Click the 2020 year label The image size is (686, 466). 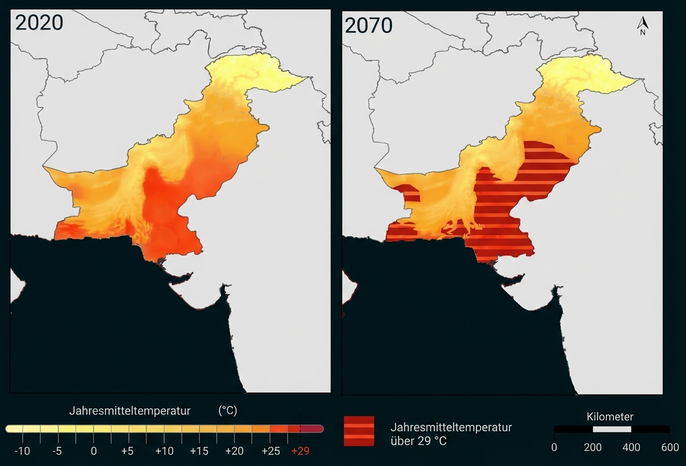(x=39, y=23)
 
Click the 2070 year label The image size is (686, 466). (x=369, y=25)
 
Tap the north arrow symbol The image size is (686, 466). (x=643, y=26)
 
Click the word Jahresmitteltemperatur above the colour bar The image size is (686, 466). (x=130, y=411)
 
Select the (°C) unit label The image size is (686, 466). (x=228, y=411)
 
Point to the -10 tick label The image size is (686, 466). (x=22, y=451)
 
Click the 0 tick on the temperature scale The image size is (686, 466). (x=93, y=451)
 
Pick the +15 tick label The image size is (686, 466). (x=200, y=451)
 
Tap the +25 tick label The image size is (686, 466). (x=270, y=451)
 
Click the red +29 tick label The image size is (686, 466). (x=301, y=451)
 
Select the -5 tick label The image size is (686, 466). (x=57, y=451)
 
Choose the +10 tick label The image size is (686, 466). (x=164, y=451)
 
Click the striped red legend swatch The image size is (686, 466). (x=359, y=431)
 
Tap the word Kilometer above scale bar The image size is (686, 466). (x=610, y=417)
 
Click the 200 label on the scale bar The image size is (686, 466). (x=593, y=447)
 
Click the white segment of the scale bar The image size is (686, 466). (x=612, y=429)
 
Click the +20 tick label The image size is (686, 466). (x=235, y=451)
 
